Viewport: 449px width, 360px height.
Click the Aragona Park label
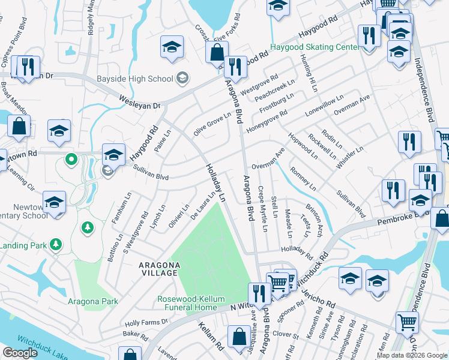[92, 301]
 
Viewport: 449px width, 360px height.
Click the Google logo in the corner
[20, 353]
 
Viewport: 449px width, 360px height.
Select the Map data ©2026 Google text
[411, 355]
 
